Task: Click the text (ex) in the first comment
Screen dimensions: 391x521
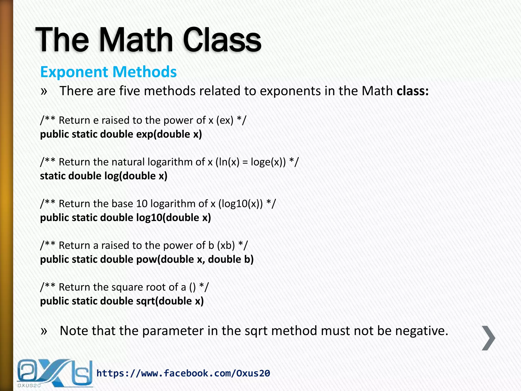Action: [x=225, y=120]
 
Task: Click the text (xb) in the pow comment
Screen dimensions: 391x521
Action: [x=226, y=246]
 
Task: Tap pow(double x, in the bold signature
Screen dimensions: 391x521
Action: [x=170, y=260]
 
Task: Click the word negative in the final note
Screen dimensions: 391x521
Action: [x=421, y=331]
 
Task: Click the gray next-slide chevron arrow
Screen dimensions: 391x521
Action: [x=488, y=338]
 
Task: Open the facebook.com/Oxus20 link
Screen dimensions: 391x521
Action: [x=183, y=373]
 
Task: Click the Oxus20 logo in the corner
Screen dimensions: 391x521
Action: [x=54, y=373]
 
